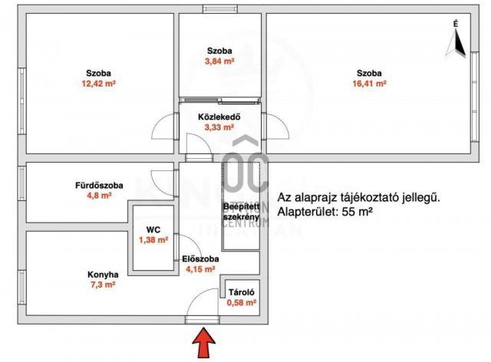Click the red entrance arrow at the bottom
203,342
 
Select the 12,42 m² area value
98,85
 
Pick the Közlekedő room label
220,117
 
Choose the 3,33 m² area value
220,128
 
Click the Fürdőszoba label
96,184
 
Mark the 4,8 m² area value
96,196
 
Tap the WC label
153,229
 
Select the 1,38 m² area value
153,241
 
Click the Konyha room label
102,274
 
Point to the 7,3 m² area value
102,285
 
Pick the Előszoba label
201,259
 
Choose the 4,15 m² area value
201,270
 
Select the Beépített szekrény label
239,212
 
